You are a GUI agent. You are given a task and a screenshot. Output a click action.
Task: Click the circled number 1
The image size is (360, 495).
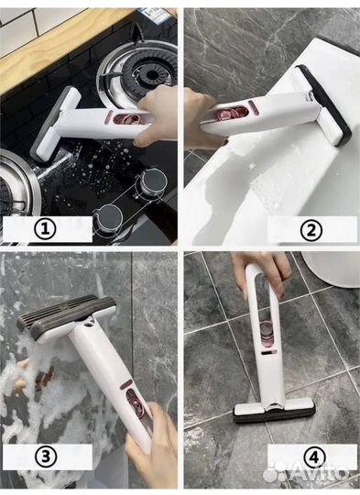46,229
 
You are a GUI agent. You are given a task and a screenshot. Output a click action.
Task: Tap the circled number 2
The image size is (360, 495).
311,231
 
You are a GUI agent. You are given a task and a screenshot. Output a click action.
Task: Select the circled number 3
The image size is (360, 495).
46,456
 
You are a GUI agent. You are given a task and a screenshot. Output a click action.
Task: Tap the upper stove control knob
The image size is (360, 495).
154,181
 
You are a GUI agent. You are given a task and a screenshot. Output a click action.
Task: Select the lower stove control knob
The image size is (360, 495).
109,217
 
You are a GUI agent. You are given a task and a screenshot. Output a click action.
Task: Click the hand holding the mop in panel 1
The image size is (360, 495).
155,116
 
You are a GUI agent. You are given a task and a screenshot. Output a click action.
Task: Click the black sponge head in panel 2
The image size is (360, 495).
326,104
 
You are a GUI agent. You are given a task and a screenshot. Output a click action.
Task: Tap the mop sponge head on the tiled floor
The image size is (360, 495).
275,412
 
